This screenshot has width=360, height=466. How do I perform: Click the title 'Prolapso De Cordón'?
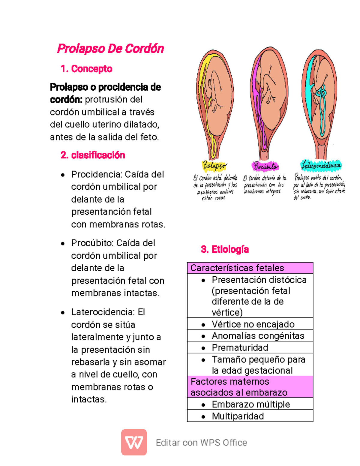[x=110, y=49]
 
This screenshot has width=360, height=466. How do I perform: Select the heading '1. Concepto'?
[x=86, y=69]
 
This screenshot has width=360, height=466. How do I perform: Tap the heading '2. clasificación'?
[x=93, y=155]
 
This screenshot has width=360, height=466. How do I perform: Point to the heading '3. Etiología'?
[x=225, y=249]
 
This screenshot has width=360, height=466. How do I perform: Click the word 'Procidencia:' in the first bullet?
[x=97, y=174]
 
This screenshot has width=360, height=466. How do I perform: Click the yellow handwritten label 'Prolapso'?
[x=214, y=165]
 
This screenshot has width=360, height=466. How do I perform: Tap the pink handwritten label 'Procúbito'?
[x=265, y=166]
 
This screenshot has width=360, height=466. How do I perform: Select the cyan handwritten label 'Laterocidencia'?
[x=321, y=165]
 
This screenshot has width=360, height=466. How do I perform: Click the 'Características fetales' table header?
[x=250, y=268]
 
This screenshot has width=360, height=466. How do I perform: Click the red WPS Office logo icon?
[x=134, y=442]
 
